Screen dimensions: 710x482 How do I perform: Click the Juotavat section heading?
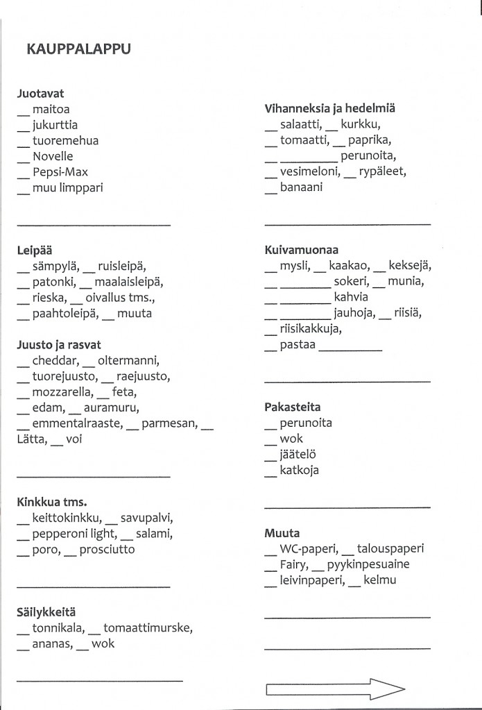[x=40, y=93]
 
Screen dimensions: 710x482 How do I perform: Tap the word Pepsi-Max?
[x=60, y=171]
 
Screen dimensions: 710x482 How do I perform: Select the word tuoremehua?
[x=65, y=140]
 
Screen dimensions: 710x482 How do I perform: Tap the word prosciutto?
[x=107, y=549]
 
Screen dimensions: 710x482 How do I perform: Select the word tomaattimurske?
[x=149, y=628]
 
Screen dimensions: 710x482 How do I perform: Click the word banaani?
[x=302, y=187]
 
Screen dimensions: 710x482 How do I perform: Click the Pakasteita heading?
[x=293, y=407]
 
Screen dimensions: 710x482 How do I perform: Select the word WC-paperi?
[x=308, y=549]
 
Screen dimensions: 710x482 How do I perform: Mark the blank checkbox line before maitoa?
[x=23, y=112]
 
